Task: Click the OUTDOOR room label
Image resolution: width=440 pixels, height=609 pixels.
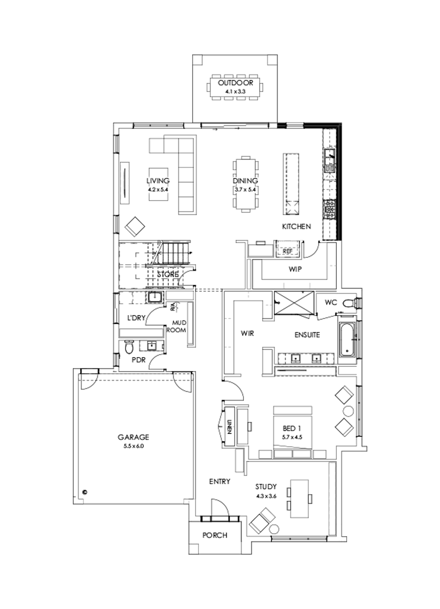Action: [x=236, y=83]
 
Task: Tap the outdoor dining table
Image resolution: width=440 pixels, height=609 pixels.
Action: [x=236, y=88]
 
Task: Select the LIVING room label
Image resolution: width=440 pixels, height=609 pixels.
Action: [x=161, y=180]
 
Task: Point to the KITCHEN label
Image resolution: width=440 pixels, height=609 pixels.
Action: [x=297, y=226]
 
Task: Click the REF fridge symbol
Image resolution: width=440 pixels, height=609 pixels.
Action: [x=287, y=251]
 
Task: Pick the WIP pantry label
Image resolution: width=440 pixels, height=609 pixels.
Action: [x=295, y=269]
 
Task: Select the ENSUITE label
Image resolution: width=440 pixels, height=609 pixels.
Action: [x=307, y=335]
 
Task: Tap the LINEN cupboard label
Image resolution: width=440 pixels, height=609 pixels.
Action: [x=229, y=426]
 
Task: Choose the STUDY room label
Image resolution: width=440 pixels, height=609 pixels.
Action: [x=266, y=487]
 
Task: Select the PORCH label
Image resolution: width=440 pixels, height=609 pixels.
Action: [x=215, y=535]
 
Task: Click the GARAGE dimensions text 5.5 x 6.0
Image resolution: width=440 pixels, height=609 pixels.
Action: [x=133, y=446]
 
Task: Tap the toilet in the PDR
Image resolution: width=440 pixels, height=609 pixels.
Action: [x=129, y=348]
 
